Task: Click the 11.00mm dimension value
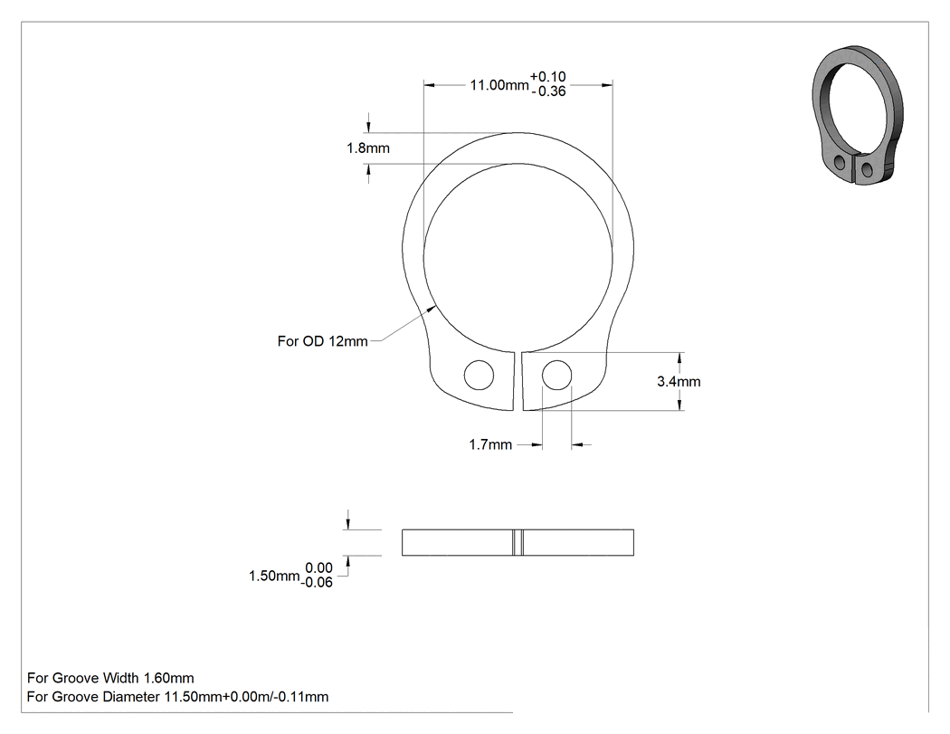pyautogui.click(x=499, y=85)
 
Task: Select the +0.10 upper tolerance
pyautogui.click(x=547, y=77)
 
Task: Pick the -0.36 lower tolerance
pyautogui.click(x=548, y=91)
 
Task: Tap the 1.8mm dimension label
pyautogui.click(x=367, y=148)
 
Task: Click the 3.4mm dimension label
pyautogui.click(x=679, y=381)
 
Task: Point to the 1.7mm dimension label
pyautogui.click(x=490, y=445)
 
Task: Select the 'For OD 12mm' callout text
pyautogui.click(x=322, y=341)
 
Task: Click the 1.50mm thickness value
pyautogui.click(x=274, y=576)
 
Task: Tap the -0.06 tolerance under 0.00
pyautogui.click(x=318, y=583)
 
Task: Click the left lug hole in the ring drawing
pyautogui.click(x=479, y=376)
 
